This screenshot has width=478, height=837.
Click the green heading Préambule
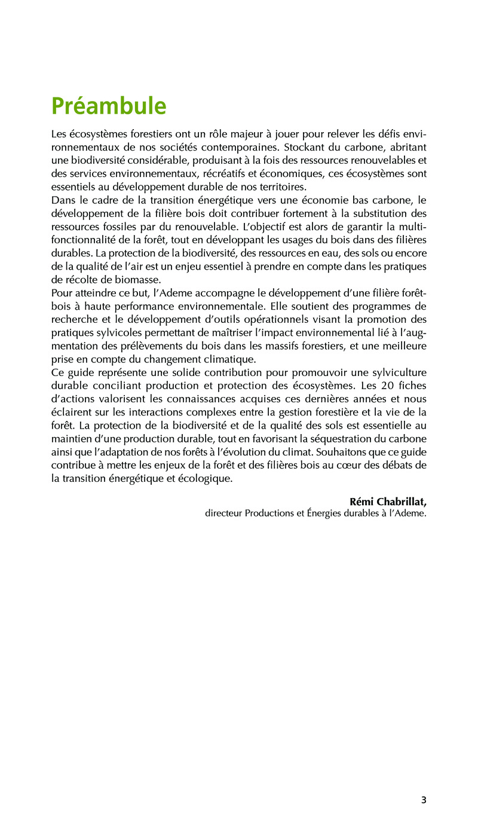[109, 106]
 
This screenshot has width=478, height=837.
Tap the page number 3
[424, 800]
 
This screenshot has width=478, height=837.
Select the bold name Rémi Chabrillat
[387, 501]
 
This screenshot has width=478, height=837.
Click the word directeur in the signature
[223, 513]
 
